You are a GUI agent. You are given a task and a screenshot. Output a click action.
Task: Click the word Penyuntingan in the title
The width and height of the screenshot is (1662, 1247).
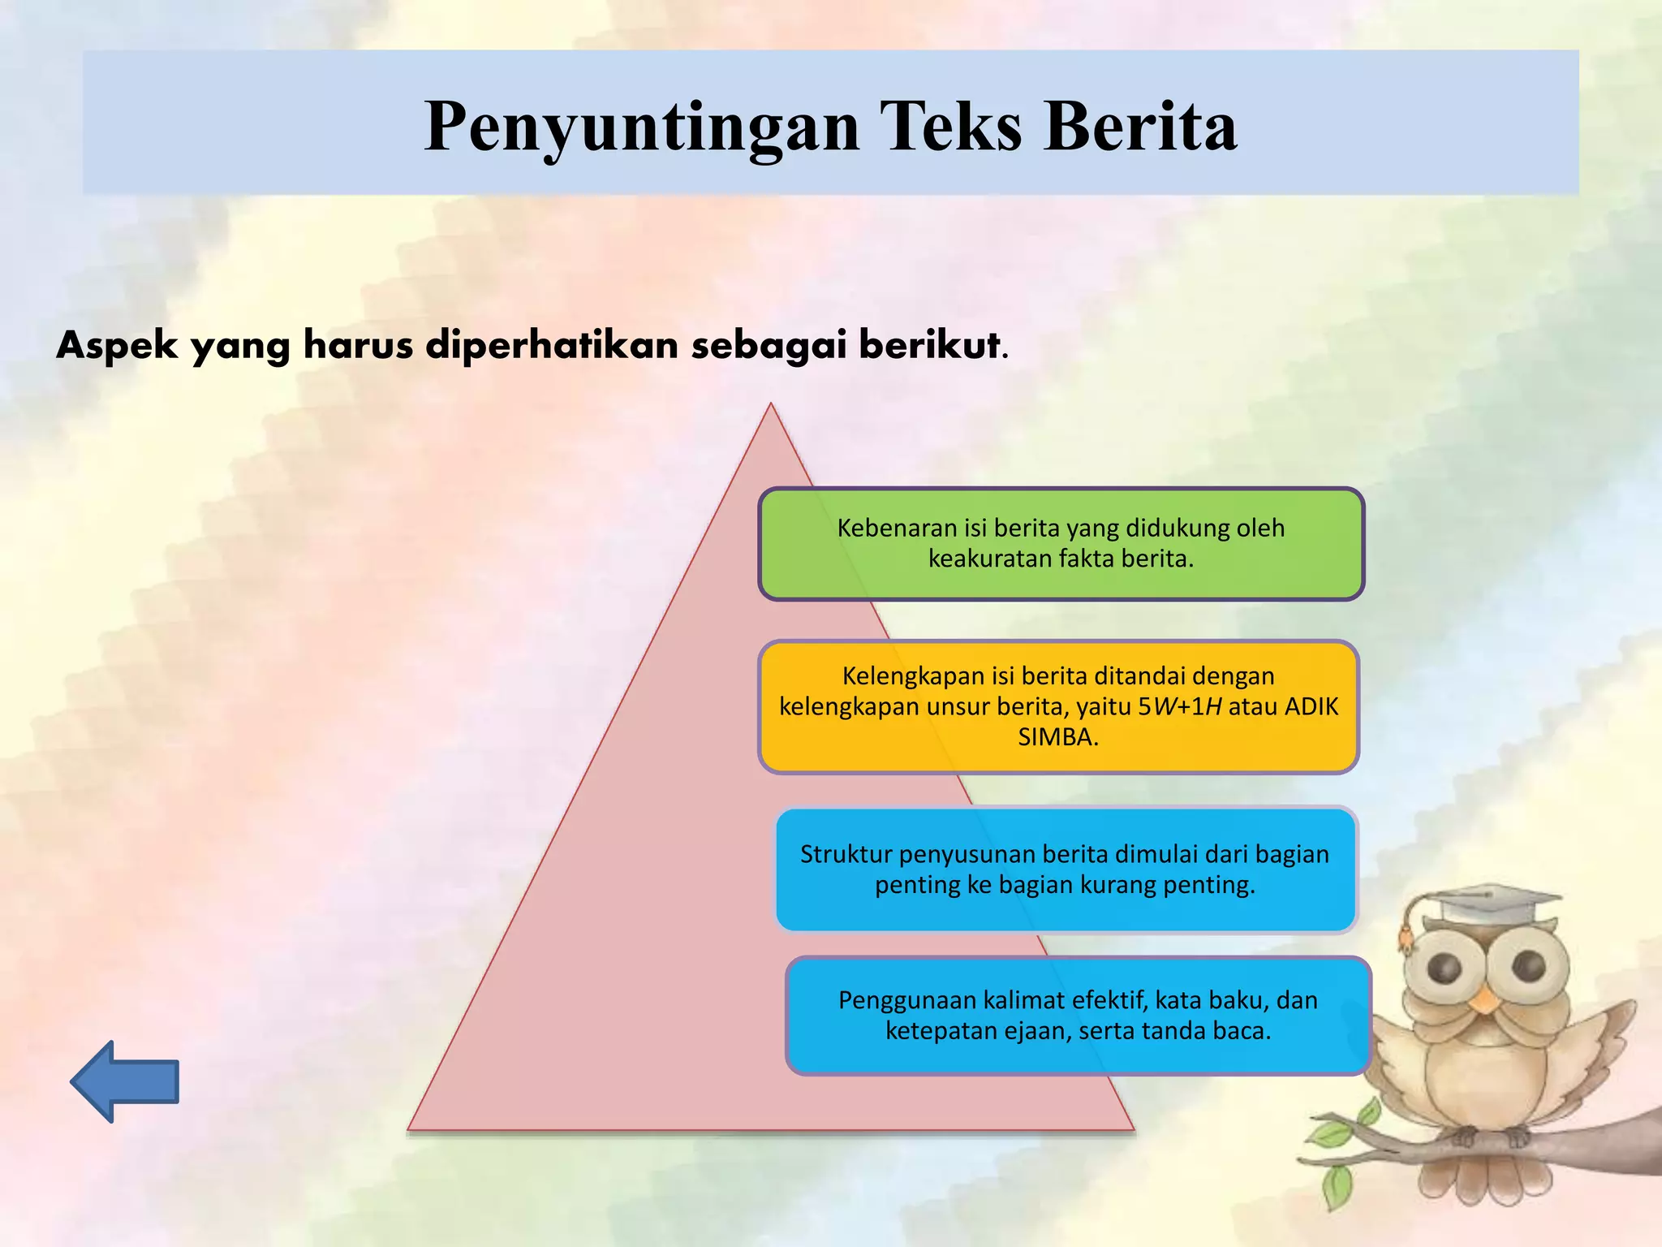point(641,127)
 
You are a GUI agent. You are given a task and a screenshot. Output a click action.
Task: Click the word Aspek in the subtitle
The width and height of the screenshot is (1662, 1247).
point(117,345)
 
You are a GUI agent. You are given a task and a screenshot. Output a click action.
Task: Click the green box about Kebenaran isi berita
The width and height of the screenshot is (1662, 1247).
point(1061,544)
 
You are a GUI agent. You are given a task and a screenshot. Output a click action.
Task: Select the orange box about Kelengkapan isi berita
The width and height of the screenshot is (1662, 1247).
point(1058,706)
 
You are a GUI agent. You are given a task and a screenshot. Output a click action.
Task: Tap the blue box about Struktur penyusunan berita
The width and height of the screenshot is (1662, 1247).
point(1065,869)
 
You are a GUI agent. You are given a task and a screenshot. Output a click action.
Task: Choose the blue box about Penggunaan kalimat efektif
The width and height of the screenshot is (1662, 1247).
point(1078,1016)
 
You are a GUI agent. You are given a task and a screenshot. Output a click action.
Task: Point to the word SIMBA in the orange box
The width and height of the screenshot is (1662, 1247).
point(1055,737)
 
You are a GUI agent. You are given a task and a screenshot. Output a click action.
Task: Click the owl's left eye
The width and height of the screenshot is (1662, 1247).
point(1445,965)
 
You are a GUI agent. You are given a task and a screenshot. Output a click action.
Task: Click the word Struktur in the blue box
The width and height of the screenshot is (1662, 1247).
point(846,854)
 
